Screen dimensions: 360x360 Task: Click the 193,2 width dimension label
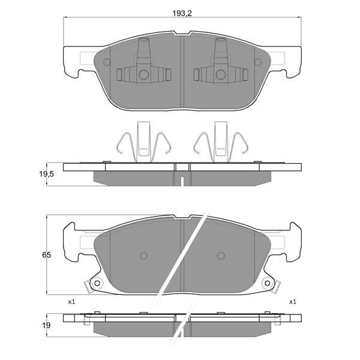pos(182,14)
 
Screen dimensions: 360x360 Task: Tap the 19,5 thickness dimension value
pos(46,174)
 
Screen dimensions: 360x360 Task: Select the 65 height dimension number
pos(46,255)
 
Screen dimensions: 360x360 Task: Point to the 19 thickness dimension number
pos(46,325)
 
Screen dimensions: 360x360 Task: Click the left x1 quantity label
pos(71,302)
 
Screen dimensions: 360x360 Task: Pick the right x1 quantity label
pos(293,302)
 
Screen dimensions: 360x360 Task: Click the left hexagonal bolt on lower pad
pos(97,283)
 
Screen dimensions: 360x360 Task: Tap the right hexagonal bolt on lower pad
pos(267,283)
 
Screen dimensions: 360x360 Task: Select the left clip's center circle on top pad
pos(144,74)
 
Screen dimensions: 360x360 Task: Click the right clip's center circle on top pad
pos(220,74)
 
